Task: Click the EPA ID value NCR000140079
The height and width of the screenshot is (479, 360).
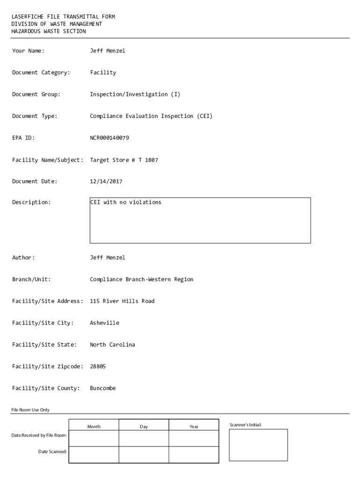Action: [x=109, y=138]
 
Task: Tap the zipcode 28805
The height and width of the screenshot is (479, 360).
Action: [x=98, y=366]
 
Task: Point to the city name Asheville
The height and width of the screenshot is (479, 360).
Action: [x=104, y=323]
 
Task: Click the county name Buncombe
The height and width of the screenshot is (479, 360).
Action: [x=103, y=388]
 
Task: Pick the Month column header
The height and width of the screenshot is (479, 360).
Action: [x=94, y=427]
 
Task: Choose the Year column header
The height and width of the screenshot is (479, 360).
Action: [x=194, y=427]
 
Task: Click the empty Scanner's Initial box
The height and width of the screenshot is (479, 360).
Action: [x=258, y=445]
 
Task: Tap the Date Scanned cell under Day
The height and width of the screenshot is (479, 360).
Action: [x=144, y=455]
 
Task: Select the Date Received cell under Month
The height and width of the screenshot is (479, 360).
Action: [x=94, y=438]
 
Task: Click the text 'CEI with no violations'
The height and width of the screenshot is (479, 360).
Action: [x=125, y=203]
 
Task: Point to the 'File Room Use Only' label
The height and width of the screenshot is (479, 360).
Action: [x=30, y=410]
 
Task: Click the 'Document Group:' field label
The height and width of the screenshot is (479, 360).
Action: [x=36, y=94]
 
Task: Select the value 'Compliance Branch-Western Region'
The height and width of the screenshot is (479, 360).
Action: [x=141, y=279]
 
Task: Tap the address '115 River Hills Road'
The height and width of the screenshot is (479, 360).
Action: [x=122, y=301]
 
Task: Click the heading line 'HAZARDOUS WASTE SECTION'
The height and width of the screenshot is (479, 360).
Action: [x=49, y=31]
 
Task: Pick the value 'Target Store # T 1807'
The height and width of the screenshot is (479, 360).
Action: [x=124, y=160]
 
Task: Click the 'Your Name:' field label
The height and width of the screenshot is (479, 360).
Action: [x=28, y=51]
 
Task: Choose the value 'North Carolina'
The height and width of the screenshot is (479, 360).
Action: [x=112, y=345]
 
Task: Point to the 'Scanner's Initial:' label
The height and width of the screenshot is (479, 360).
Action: [x=245, y=425]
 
